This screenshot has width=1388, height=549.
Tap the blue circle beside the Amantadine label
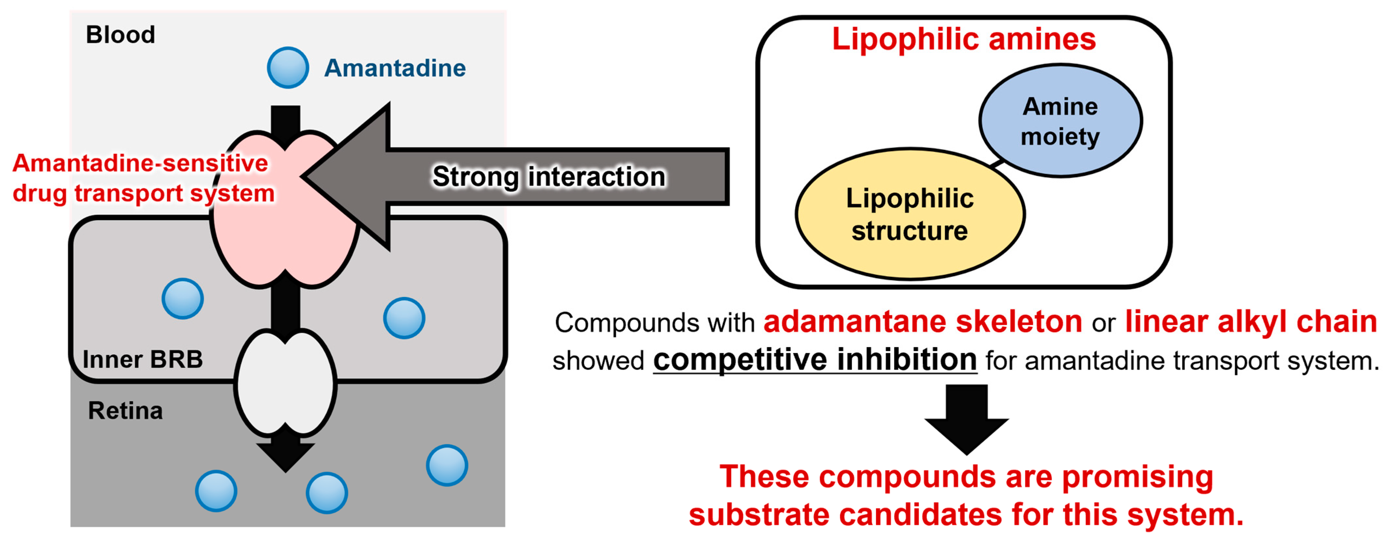[288, 68]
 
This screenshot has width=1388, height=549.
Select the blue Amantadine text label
[394, 68]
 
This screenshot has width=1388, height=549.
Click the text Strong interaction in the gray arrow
[549, 177]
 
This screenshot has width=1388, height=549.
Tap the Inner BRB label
[143, 359]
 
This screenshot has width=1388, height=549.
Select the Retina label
[125, 411]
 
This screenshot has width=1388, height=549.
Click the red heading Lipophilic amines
[964, 39]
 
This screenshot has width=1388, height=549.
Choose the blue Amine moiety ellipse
[1060, 121]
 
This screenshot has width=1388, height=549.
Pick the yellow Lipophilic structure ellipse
[909, 215]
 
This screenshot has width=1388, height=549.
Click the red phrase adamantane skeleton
[923, 322]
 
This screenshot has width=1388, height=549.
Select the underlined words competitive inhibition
[815, 359]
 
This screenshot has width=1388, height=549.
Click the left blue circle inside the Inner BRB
[183, 299]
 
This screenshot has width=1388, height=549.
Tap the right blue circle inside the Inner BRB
[404, 318]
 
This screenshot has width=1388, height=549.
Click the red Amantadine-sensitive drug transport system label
[143, 178]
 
